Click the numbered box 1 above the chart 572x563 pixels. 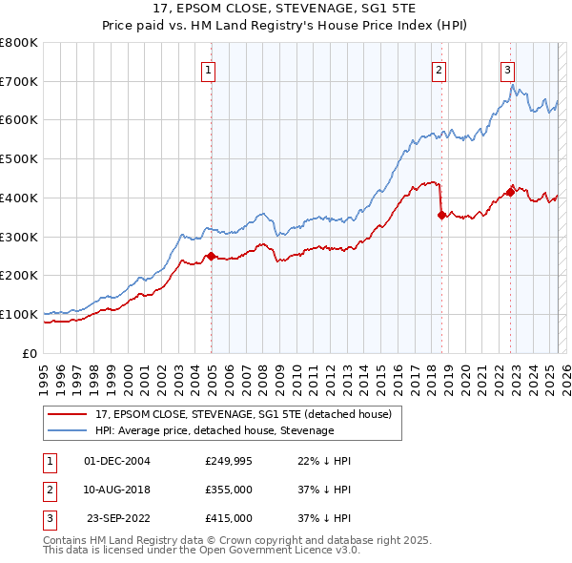208,68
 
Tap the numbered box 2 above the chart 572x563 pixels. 439,68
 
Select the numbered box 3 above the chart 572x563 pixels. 508,68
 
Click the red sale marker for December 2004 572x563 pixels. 211,255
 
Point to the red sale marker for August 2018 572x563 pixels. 441,215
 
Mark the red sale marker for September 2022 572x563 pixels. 511,192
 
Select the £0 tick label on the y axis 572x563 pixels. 30,353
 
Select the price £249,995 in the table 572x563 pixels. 229,461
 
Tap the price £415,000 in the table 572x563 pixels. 229,518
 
